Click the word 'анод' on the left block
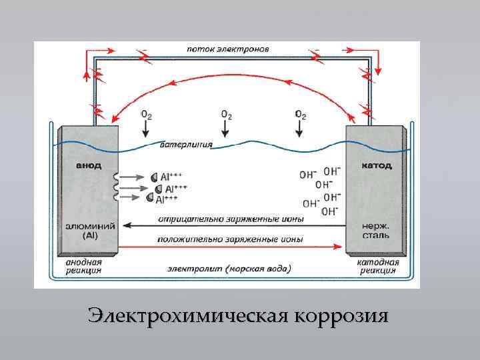(87, 165)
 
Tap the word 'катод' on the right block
(377, 165)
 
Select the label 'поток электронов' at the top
(227, 49)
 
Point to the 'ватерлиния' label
(186, 145)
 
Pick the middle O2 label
(227, 115)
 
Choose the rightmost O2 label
(300, 115)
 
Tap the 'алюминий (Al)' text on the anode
(88, 231)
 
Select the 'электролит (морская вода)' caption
(229, 270)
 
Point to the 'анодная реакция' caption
(83, 267)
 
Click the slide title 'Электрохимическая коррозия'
(238, 315)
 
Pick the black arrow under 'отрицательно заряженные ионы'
(233, 225)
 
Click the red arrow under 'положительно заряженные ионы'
(233, 245)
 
